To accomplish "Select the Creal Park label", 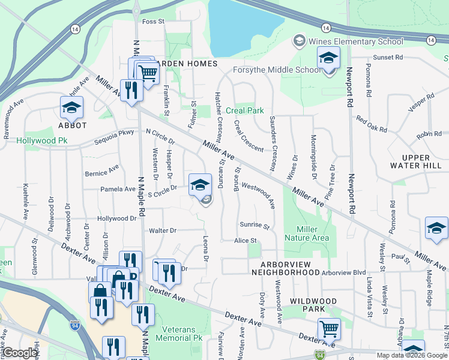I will point(245,111).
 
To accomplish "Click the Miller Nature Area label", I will point(313,234).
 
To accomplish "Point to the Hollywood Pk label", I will point(41,140).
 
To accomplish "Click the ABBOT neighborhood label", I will point(73,125).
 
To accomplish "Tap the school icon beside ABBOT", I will point(72,108).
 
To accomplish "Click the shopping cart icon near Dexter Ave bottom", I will point(329,328).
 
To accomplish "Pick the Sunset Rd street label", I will point(387,58).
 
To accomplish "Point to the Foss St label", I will point(153,22).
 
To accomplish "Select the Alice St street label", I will point(246,241).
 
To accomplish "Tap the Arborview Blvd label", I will point(344,272).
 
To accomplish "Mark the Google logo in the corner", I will point(20,353).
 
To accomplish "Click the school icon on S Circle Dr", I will point(200,184).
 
